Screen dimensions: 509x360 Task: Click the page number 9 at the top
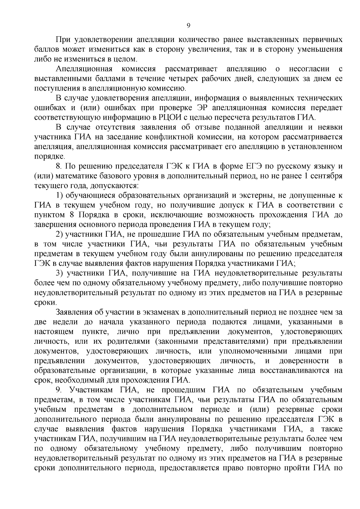coord(188,26)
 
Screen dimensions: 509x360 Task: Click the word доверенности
coord(303,361)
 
